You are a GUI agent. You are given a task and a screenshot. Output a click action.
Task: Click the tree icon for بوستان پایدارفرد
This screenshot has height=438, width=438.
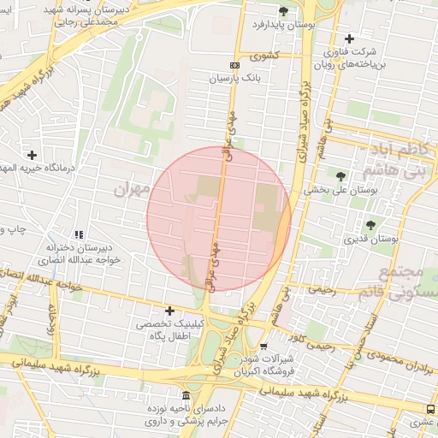click(x=283, y=10)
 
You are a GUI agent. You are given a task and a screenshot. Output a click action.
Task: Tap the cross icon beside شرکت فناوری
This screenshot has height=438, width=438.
click(x=349, y=38)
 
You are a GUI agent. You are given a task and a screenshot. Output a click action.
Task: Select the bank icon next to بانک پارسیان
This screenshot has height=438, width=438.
click(x=235, y=65)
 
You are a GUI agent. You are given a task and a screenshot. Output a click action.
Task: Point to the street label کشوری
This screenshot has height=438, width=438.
click(x=264, y=56)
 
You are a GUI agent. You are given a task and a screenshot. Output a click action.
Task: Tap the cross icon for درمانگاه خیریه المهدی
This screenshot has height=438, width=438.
click(x=33, y=155)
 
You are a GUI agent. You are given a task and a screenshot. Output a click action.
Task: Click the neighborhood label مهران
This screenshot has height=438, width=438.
click(x=131, y=187)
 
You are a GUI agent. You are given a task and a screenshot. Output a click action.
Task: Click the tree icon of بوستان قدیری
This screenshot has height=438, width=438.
click(x=370, y=225)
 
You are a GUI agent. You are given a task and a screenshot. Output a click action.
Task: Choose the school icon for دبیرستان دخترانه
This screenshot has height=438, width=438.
click(x=79, y=234)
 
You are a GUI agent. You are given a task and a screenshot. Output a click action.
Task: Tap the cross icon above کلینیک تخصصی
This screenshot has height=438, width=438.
click(x=169, y=311)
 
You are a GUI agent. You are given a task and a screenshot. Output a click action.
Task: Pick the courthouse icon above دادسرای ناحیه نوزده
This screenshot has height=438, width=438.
click(x=186, y=394)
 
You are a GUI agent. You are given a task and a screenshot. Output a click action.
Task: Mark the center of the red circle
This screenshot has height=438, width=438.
click(x=219, y=219)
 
